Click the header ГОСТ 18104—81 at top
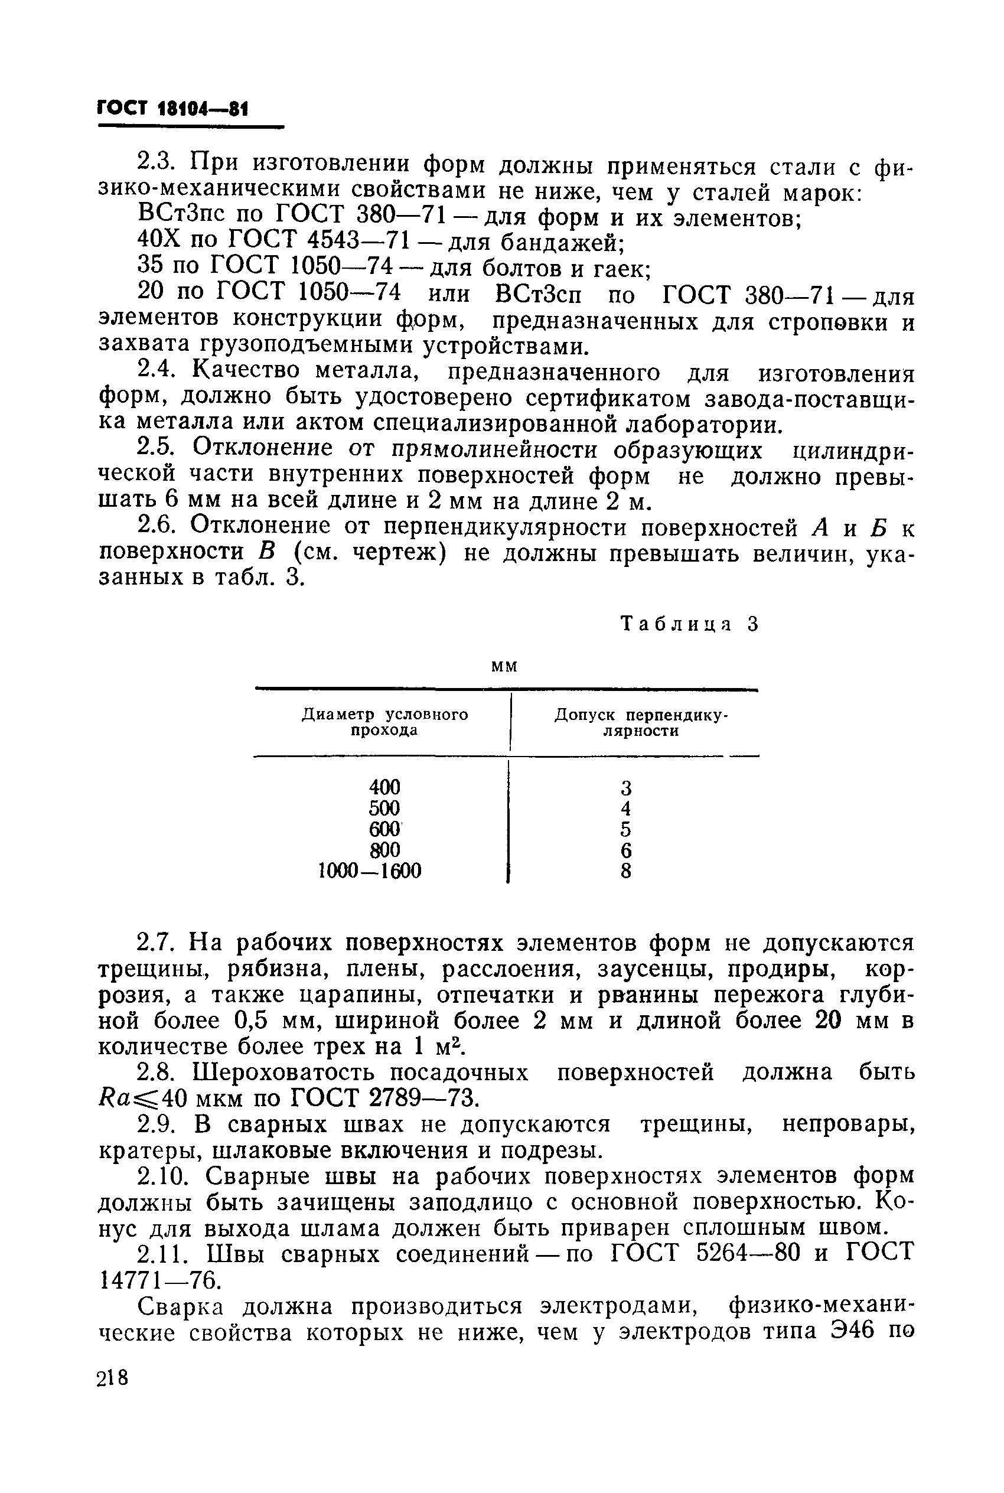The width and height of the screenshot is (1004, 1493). tap(172, 109)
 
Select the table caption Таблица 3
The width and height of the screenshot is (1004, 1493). tap(690, 624)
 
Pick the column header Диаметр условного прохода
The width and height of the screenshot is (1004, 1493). tap(384, 722)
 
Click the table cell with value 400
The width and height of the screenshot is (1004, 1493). tap(384, 786)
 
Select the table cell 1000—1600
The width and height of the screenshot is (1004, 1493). tap(370, 871)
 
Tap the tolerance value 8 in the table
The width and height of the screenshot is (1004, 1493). tap(625, 871)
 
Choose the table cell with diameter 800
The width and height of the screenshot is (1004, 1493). tap(384, 850)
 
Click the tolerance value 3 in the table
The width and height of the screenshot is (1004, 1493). tap(625, 787)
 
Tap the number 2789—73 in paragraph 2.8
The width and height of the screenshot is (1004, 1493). tap(423, 1098)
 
